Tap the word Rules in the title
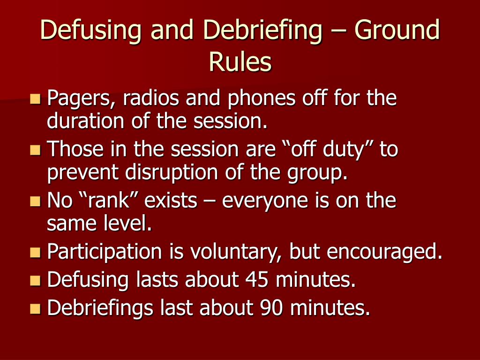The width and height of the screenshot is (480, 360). point(240,62)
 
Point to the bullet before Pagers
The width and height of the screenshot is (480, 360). point(35,99)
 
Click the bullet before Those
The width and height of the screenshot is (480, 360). point(35,150)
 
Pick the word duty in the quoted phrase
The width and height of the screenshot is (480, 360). point(345,150)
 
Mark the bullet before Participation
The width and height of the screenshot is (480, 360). point(35,253)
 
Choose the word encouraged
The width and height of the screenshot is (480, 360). point(384,252)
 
